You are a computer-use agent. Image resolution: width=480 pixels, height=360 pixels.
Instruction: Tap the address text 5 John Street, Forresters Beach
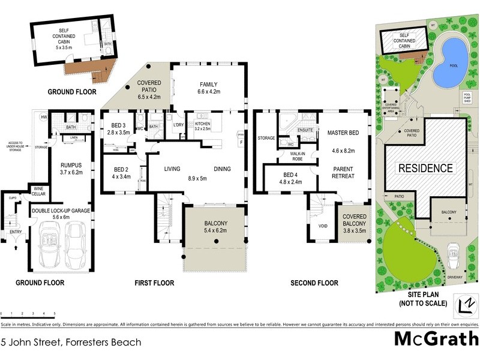coord(71,343)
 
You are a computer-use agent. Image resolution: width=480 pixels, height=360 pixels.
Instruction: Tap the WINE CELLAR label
coord(39,191)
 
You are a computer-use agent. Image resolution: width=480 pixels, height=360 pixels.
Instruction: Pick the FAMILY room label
coord(209,88)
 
